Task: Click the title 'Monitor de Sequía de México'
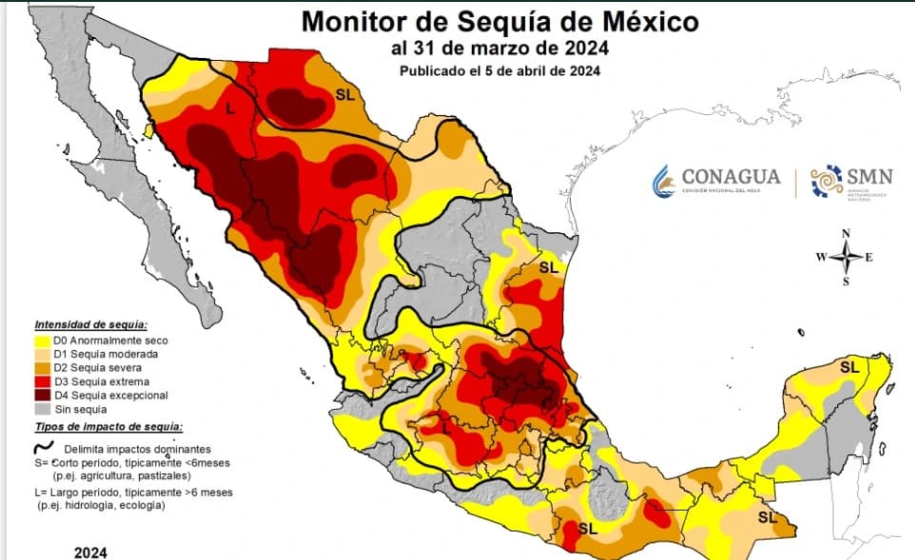pos(500,21)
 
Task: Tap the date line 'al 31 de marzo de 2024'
pos(499,48)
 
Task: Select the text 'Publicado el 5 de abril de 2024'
pos(499,70)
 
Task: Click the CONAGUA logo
pos(716,180)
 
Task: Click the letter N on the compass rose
pos(846,234)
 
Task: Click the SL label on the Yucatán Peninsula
pos(848,367)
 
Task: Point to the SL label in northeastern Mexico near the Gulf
pos(549,267)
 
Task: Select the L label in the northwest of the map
pos(229,110)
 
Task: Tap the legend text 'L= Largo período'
pos(95,492)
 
